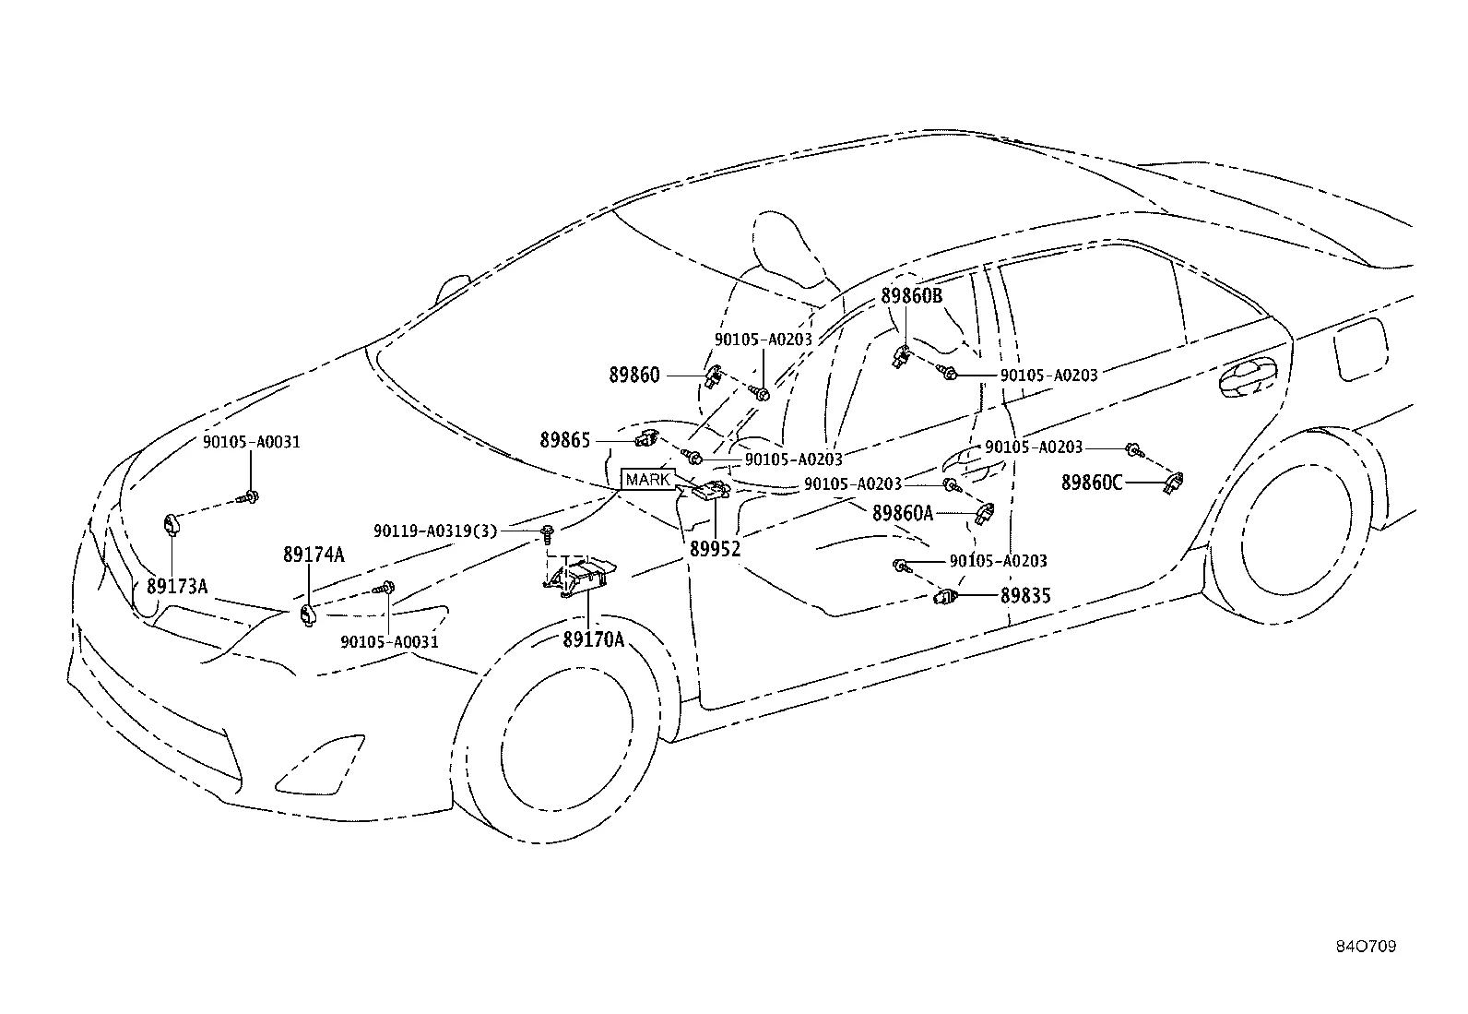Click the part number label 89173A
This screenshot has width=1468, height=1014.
click(177, 587)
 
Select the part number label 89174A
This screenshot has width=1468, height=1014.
click(314, 555)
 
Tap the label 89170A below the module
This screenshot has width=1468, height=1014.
click(594, 638)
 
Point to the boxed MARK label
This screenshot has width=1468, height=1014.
click(648, 480)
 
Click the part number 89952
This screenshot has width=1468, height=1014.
click(716, 548)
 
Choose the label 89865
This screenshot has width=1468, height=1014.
click(564, 440)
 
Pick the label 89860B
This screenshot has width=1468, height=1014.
click(912, 296)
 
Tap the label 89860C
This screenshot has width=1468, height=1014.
click(1092, 482)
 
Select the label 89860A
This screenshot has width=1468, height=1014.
click(903, 513)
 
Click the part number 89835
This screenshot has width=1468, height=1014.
click(1026, 596)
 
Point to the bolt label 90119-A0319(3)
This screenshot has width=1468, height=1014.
click(435, 531)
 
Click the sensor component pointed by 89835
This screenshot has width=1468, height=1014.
click(947, 597)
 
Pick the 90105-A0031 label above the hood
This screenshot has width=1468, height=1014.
click(252, 442)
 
